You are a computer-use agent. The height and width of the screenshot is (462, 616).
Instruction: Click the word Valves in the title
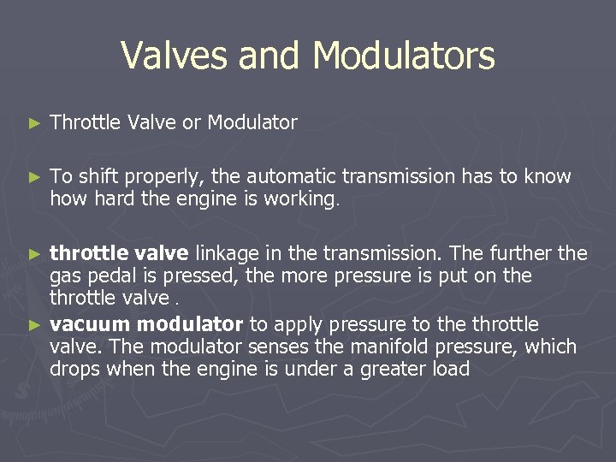174,56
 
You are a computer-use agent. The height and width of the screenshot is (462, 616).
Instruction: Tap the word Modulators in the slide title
404,56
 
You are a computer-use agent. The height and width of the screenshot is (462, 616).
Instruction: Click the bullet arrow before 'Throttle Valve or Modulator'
34,124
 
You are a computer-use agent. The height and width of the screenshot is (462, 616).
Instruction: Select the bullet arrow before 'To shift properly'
34,178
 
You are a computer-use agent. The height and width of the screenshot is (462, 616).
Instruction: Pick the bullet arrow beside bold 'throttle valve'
34,254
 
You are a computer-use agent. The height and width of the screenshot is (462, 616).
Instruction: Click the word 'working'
307,200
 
